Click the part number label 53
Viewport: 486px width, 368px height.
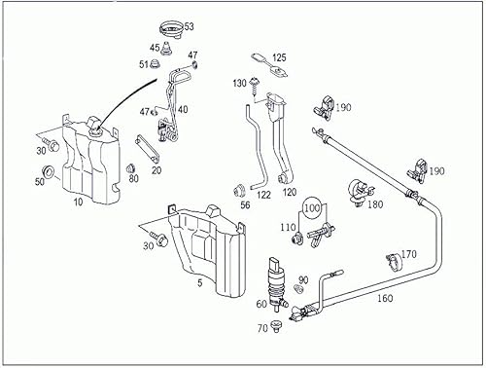190,26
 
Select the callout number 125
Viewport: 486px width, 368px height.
279,58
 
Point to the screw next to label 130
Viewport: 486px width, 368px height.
254,87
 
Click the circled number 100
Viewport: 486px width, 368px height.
311,208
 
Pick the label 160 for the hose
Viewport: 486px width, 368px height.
385,300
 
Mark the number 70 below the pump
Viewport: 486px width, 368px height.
261,329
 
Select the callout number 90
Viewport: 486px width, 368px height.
303,279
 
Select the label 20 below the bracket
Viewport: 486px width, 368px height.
156,170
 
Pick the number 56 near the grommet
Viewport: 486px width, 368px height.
245,204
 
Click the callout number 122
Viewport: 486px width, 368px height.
264,195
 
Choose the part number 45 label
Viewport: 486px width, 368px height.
155,47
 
